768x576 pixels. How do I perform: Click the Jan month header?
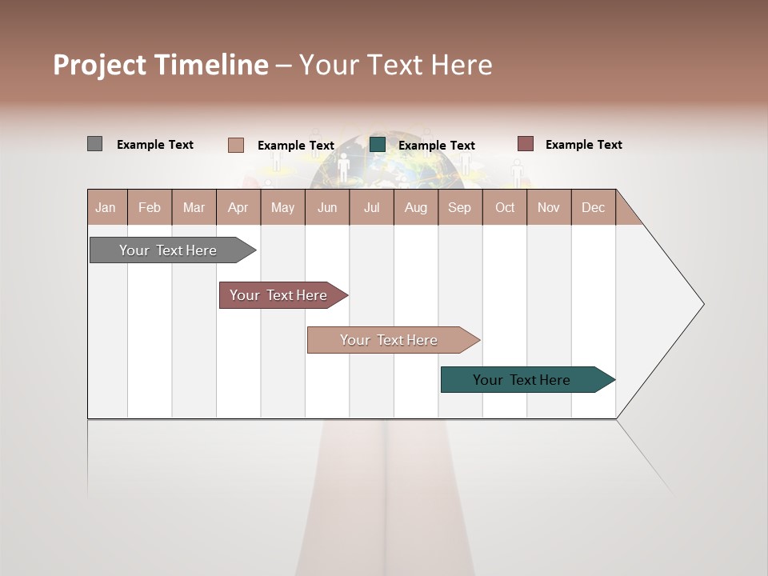[x=106, y=207]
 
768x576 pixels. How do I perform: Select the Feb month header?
[x=150, y=207]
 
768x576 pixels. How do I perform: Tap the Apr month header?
[x=238, y=207]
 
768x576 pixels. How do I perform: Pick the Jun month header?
[x=327, y=207]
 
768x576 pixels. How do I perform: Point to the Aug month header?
[x=415, y=207]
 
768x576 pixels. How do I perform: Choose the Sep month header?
[x=459, y=207]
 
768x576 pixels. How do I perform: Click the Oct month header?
[x=505, y=207]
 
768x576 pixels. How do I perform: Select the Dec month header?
[x=593, y=207]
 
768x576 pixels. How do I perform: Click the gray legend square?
[x=94, y=144]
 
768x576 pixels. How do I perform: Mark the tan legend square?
[x=235, y=145]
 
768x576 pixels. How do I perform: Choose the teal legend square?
[x=378, y=144]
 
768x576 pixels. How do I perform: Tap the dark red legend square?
[x=525, y=144]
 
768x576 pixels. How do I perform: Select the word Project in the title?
[x=99, y=65]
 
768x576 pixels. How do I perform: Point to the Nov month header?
[x=548, y=207]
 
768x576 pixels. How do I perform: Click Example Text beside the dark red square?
[x=583, y=145]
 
